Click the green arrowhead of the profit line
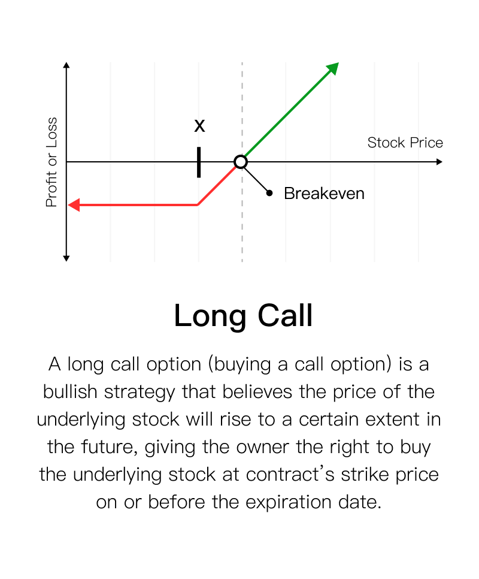pyautogui.click(x=333, y=68)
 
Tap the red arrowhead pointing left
pyautogui.click(x=74, y=205)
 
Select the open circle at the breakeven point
pyautogui.click(x=241, y=162)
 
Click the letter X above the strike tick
pyautogui.click(x=199, y=126)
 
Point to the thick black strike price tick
pyautogui.click(x=199, y=162)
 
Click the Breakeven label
pyautogui.click(x=324, y=194)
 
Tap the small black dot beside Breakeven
pyautogui.click(x=269, y=193)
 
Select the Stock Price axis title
pyautogui.click(x=405, y=143)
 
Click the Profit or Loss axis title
pyautogui.click(x=51, y=162)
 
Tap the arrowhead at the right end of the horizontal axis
pyautogui.click(x=439, y=162)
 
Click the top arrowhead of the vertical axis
pyautogui.click(x=66, y=65)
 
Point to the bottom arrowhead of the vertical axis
pyautogui.click(x=66, y=258)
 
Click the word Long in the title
pyautogui.click(x=210, y=316)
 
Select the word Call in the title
pyautogui.click(x=285, y=315)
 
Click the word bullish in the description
pyautogui.click(x=69, y=392)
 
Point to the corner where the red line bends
pyautogui.click(x=198, y=204)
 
